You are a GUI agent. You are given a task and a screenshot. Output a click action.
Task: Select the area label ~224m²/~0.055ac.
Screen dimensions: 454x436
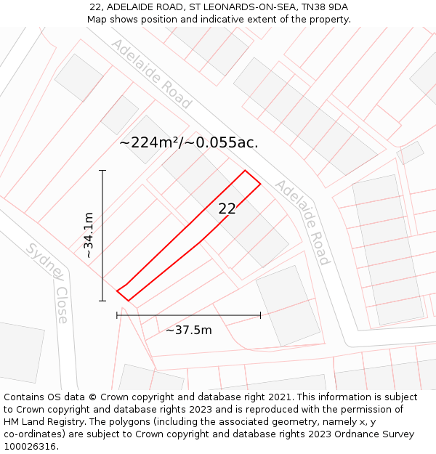pos(189,142)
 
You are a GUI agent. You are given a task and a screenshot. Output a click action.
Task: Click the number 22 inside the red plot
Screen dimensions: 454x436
pos(227,208)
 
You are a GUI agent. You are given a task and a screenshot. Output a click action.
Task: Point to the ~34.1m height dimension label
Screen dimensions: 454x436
pos(89,235)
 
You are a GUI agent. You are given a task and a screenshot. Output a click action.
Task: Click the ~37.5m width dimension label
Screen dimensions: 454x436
pos(189,331)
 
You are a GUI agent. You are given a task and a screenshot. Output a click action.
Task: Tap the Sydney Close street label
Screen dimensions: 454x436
pos(48,282)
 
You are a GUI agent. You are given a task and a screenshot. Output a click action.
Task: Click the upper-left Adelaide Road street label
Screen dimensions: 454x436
pos(150,74)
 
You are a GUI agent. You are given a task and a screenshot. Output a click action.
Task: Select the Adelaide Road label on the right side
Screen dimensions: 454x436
pos(302,222)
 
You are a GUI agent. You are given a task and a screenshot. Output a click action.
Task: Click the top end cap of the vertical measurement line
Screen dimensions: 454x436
pos(102,171)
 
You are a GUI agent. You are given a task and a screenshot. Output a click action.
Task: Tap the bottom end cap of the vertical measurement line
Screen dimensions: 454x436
pos(102,300)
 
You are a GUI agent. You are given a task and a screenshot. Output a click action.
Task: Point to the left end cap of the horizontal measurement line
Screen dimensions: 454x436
pos(117,315)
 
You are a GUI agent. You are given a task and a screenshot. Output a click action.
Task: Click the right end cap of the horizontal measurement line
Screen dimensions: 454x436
pos(260,315)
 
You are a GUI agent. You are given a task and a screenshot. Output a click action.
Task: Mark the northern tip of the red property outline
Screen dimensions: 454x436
pos(246,171)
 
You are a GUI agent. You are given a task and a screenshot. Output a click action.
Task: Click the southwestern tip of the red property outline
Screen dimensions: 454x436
pos(118,291)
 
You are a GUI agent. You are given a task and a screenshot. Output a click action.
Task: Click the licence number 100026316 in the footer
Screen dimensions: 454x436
pos(31,447)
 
